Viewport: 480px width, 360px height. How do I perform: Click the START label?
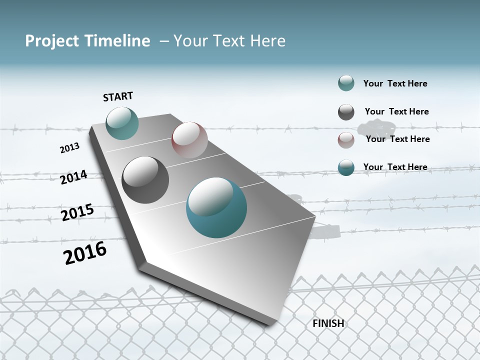coord(118,96)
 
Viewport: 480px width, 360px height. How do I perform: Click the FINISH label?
coord(328,323)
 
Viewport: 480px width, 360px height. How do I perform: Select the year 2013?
coord(69,148)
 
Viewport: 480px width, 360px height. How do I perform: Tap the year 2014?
coord(73,177)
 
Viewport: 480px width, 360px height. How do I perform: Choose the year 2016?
coord(85,253)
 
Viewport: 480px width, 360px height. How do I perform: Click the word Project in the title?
coord(52,41)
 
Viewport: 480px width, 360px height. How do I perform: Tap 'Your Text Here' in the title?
coord(229,41)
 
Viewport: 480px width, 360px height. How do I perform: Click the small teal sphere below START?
coord(122,123)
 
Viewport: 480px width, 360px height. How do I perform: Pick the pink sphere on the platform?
coord(189,139)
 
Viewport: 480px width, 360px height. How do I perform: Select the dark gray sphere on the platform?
coord(145,180)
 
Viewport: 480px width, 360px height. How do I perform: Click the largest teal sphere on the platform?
coord(216,207)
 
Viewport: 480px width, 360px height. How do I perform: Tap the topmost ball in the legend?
coord(346,83)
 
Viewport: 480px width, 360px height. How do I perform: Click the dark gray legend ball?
coord(346,112)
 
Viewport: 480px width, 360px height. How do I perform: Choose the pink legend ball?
coord(346,140)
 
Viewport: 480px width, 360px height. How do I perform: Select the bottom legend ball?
coord(346,167)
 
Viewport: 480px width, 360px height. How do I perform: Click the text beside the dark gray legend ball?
coord(396,111)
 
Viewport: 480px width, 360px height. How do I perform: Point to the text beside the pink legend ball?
coord(397,139)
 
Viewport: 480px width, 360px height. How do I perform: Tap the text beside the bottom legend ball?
coord(395,167)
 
